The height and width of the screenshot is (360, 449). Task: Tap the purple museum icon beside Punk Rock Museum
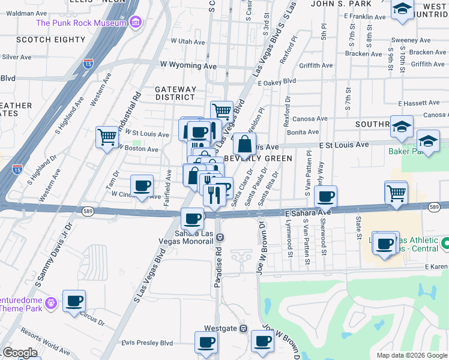[136, 23]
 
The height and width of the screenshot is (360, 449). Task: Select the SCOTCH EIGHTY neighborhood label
[51, 40]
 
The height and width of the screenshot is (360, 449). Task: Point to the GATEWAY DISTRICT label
[175, 93]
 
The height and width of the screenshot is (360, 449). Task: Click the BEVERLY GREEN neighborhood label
[258, 158]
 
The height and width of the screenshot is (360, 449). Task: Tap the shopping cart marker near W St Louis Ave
[107, 137]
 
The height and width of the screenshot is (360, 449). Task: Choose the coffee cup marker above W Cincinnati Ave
[142, 186]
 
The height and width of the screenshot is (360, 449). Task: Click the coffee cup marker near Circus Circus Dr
[74, 301]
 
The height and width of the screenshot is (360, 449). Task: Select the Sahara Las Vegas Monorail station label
[194, 237]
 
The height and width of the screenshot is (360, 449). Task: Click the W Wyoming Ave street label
[188, 65]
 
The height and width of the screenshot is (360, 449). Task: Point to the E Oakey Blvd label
[277, 81]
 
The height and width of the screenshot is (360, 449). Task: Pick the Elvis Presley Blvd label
[147, 343]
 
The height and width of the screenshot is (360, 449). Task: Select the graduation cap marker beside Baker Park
[428, 142]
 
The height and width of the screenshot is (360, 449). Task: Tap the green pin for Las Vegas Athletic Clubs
[445, 244]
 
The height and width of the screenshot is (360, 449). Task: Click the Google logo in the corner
[20, 353]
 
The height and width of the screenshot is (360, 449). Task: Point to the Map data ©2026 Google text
[411, 355]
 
